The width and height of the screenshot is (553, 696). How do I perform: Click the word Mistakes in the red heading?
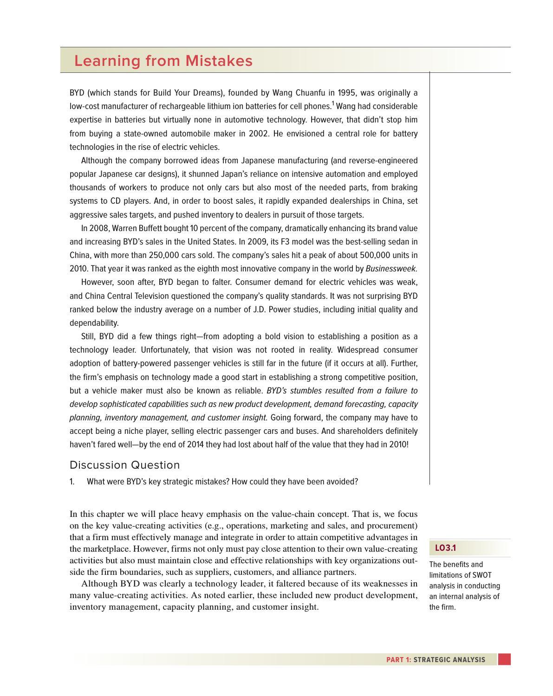[219, 61]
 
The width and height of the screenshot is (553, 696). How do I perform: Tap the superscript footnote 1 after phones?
[333, 103]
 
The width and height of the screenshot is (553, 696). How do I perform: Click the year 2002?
[259, 134]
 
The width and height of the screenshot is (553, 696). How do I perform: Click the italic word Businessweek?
[391, 269]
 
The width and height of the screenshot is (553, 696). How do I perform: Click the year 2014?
[195, 445]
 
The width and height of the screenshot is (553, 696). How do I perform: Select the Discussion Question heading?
[124, 465]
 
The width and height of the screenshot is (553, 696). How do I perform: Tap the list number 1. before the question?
[72, 482]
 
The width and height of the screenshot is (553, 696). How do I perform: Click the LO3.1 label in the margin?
[445, 548]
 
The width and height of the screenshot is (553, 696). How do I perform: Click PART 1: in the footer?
[398, 660]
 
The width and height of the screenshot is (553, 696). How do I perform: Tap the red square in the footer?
[504, 659]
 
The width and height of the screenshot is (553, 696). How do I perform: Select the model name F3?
[286, 242]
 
